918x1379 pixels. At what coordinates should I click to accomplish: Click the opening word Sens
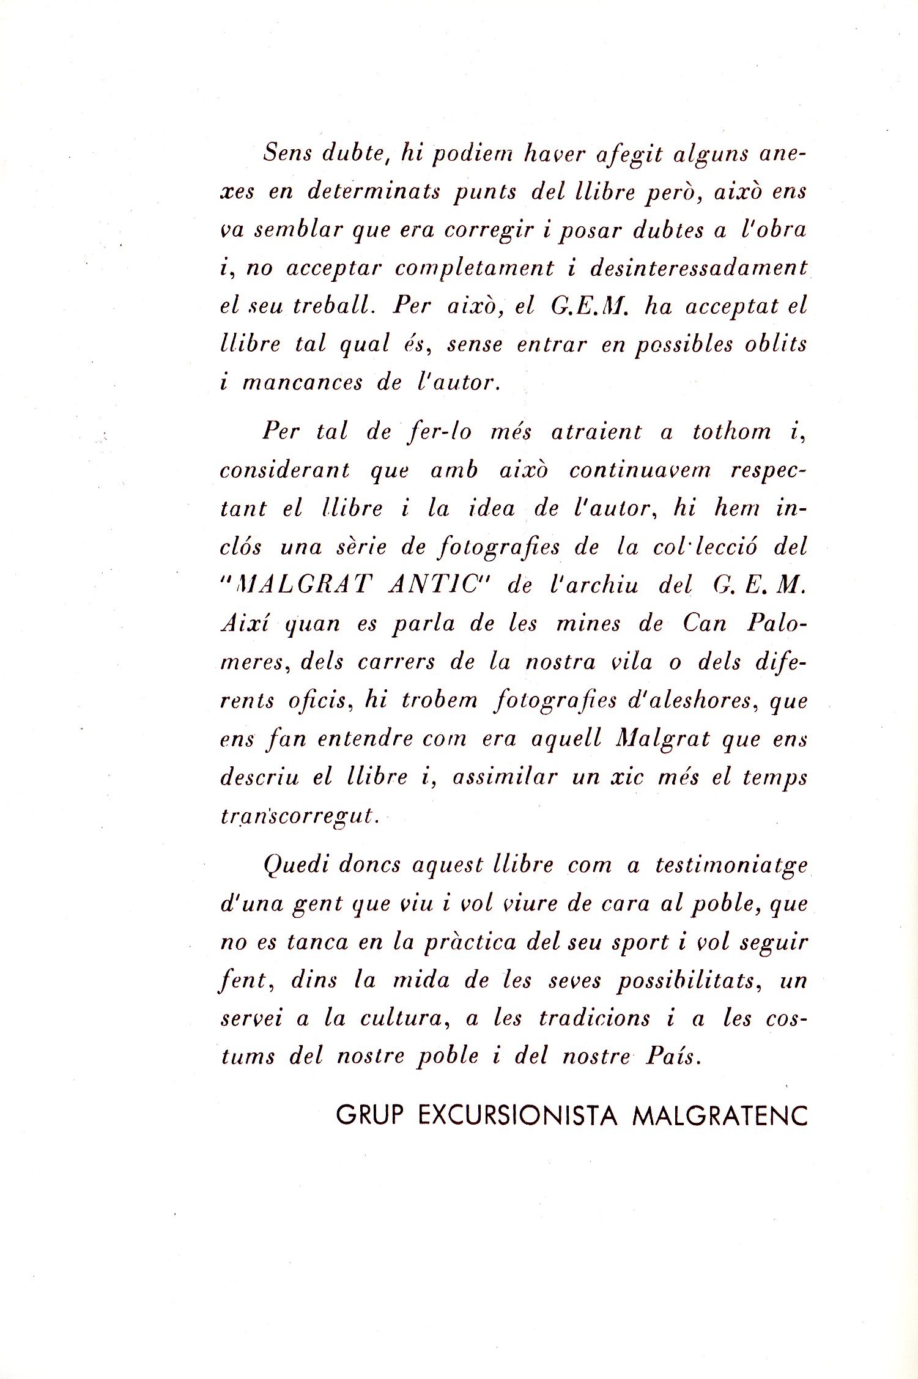coord(286,153)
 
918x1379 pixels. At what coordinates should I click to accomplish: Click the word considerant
coord(286,470)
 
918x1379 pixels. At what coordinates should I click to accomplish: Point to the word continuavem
coord(640,470)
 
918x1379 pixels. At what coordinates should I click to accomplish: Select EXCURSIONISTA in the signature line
coord(517,1115)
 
